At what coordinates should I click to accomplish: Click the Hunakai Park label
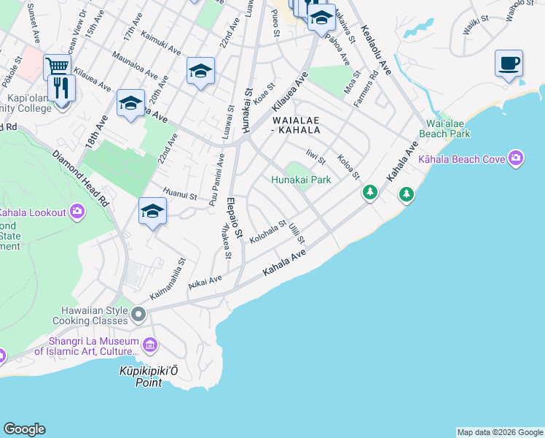(301, 180)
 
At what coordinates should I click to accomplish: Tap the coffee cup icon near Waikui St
(509, 63)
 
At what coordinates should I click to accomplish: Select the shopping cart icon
(56, 67)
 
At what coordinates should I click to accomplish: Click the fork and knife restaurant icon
(62, 88)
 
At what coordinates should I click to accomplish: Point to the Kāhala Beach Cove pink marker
(517, 158)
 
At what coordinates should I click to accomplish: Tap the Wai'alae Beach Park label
(444, 128)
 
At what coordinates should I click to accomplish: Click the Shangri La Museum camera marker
(150, 345)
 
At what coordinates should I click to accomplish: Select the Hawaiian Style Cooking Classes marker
(138, 315)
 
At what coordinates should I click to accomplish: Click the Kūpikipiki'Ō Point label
(149, 377)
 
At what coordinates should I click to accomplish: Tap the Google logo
(24, 429)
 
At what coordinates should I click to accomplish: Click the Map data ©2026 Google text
(500, 432)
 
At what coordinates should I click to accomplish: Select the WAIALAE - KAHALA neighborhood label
(296, 125)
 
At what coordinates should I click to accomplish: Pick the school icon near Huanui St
(152, 211)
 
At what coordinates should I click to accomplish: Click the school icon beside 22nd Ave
(200, 71)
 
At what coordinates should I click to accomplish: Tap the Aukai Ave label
(205, 282)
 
